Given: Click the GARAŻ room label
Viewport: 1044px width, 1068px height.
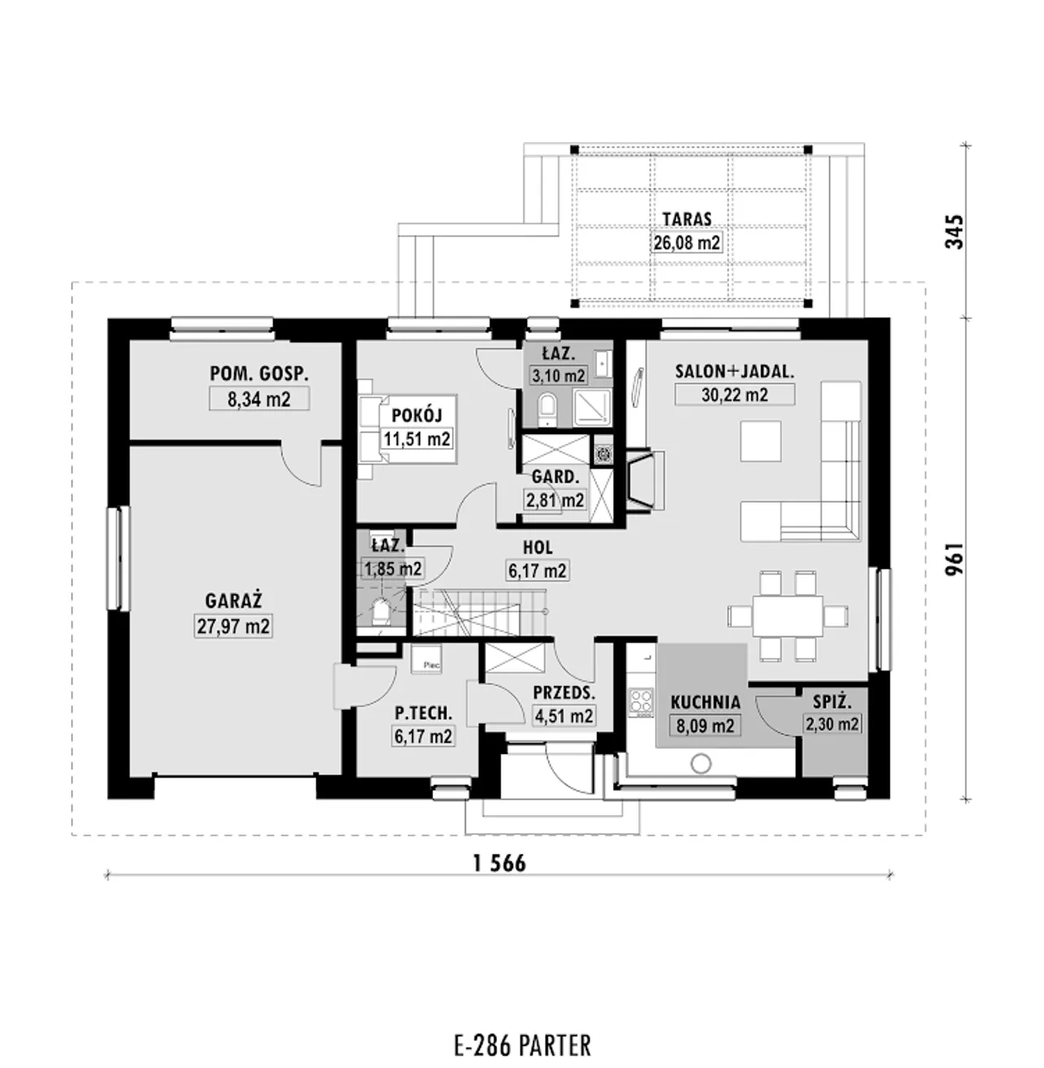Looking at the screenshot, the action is pos(233,601).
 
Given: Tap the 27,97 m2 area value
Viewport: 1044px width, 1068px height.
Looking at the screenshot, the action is pos(233,627).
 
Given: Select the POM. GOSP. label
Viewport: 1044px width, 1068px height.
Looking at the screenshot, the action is pos(259,374).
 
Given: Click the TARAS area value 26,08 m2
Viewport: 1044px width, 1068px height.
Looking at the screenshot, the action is pos(686,242).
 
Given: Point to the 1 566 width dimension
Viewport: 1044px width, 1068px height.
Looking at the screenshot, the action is pos(499,863).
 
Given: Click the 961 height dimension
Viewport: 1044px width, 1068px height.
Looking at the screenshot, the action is pos(954,560).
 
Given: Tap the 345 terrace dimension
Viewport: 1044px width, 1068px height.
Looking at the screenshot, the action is pos(954,231).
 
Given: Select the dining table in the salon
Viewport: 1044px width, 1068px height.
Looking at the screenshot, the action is pos(788,616).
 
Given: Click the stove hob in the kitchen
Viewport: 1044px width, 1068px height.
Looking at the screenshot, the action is pos(641,702).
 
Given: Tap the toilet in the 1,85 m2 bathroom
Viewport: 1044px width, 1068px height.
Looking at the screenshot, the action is pos(380,613).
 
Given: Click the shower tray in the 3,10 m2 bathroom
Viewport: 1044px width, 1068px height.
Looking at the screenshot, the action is pos(592,406).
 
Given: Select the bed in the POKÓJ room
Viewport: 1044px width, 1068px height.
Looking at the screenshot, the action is pos(407,428).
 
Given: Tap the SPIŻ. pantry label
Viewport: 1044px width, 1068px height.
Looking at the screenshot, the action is pos(832,702).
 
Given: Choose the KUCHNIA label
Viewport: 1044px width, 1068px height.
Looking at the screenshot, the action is pos(705,702).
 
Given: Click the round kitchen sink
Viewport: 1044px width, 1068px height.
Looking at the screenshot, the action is pos(701,764).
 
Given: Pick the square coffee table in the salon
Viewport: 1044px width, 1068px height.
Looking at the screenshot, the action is pos(760,441).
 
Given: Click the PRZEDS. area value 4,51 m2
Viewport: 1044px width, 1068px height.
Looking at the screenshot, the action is pos(564,716).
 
